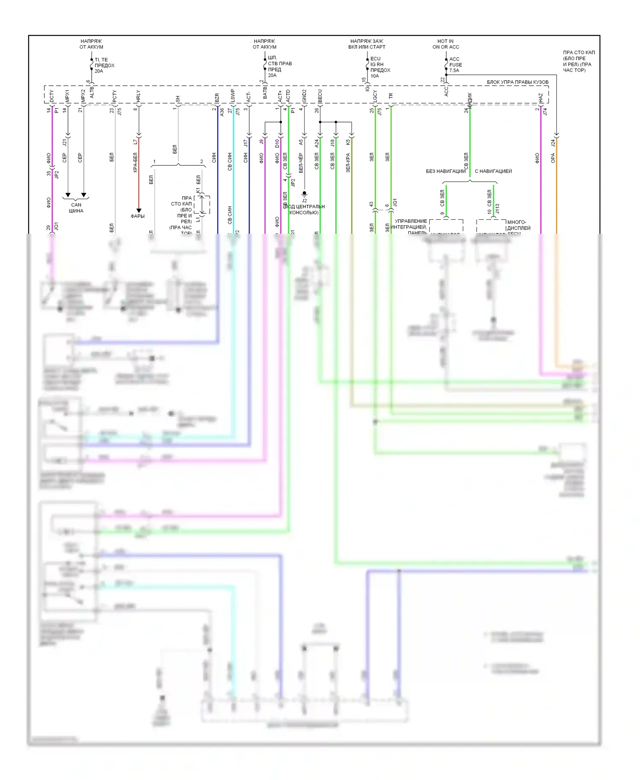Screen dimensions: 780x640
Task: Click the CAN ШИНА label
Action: point(76,208)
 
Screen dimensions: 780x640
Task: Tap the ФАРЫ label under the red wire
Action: point(138,216)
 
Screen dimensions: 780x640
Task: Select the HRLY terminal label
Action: point(138,96)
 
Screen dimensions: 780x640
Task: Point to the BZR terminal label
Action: point(217,98)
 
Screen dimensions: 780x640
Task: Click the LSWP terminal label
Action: point(233,95)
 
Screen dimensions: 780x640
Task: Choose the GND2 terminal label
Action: point(304,96)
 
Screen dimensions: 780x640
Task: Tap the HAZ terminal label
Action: point(541,98)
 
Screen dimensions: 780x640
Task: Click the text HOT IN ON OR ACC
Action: point(446,44)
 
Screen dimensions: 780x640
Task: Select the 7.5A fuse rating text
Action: point(454,70)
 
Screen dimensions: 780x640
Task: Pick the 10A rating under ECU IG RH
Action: point(375,76)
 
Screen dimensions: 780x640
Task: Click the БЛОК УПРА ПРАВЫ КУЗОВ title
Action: point(518,82)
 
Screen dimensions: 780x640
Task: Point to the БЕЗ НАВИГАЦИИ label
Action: point(445,171)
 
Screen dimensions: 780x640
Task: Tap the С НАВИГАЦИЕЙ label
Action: point(493,171)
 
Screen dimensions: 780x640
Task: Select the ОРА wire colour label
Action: point(553,158)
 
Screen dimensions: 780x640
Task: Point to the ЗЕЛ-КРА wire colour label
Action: point(348,163)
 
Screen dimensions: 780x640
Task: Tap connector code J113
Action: point(497,209)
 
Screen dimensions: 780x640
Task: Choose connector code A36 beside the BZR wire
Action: point(222,112)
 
